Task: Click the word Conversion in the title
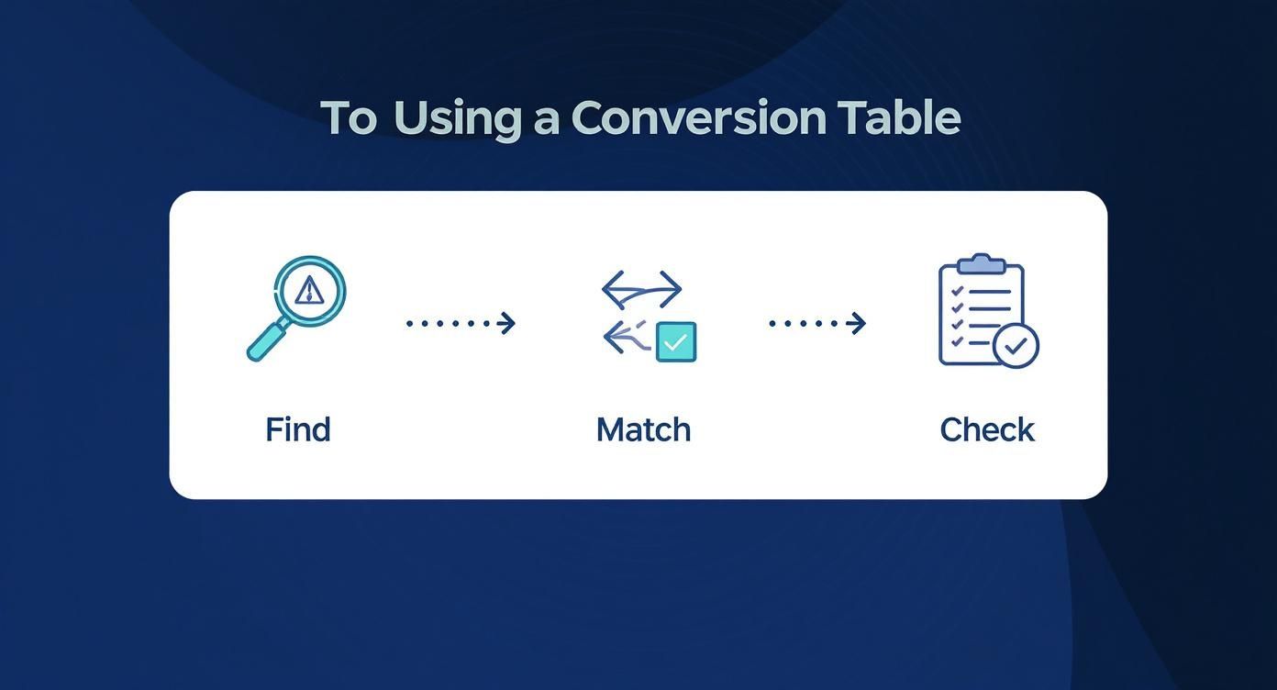coord(699,118)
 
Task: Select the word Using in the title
coord(457,121)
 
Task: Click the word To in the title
coord(349,118)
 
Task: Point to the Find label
coord(298,429)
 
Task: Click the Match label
coord(644,430)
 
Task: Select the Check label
coord(987,430)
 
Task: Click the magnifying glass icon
coord(296,308)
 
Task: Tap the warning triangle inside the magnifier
coord(309,290)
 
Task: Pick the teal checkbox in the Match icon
coord(676,342)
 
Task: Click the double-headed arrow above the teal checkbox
coord(641,290)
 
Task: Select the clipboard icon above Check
coord(989,311)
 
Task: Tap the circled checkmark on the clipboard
coord(1016,346)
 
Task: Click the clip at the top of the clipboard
coord(981,263)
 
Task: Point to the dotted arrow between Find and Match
coord(461,323)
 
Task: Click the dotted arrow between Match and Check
coord(817,323)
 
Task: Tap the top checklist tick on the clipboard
coord(958,291)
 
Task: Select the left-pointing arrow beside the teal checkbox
coord(627,338)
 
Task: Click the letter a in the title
coord(546,123)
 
